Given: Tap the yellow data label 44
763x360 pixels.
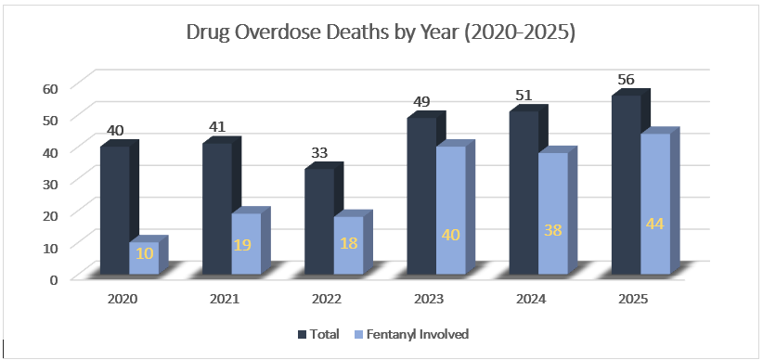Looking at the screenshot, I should click(x=653, y=225).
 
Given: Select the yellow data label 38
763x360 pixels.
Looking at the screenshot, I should click(x=551, y=230).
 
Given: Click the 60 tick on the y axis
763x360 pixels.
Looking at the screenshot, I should click(x=50, y=88).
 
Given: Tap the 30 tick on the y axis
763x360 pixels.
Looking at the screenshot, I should click(x=50, y=183).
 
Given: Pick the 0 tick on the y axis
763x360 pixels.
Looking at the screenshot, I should click(x=54, y=277).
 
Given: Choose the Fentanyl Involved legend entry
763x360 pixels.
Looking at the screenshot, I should click(x=414, y=334).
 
